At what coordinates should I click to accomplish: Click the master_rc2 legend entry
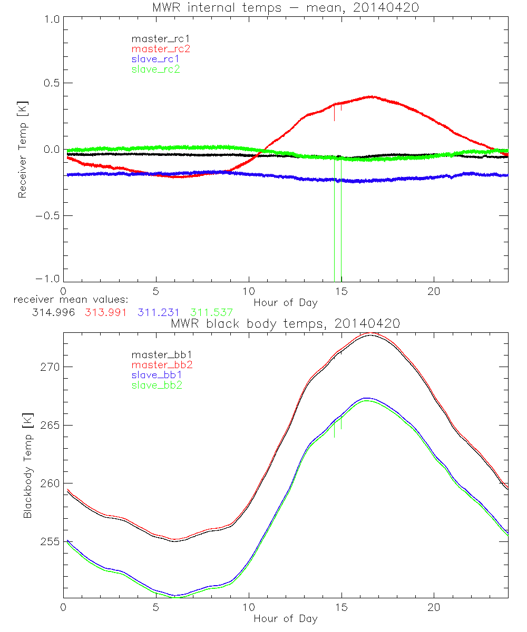coord(161,48)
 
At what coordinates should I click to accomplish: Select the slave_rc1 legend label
coord(155,58)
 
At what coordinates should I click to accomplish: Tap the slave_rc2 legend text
coord(155,69)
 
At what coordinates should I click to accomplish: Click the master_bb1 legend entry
coord(161,354)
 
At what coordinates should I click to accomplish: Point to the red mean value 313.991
coord(105,312)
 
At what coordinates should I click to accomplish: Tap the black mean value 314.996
coord(53,312)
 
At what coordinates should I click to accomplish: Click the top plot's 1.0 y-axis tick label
coord(52,19)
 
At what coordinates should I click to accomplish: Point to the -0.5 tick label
coord(49,215)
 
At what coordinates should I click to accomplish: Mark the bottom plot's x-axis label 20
coord(434,607)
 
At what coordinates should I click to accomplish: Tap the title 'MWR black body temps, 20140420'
coord(285,324)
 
